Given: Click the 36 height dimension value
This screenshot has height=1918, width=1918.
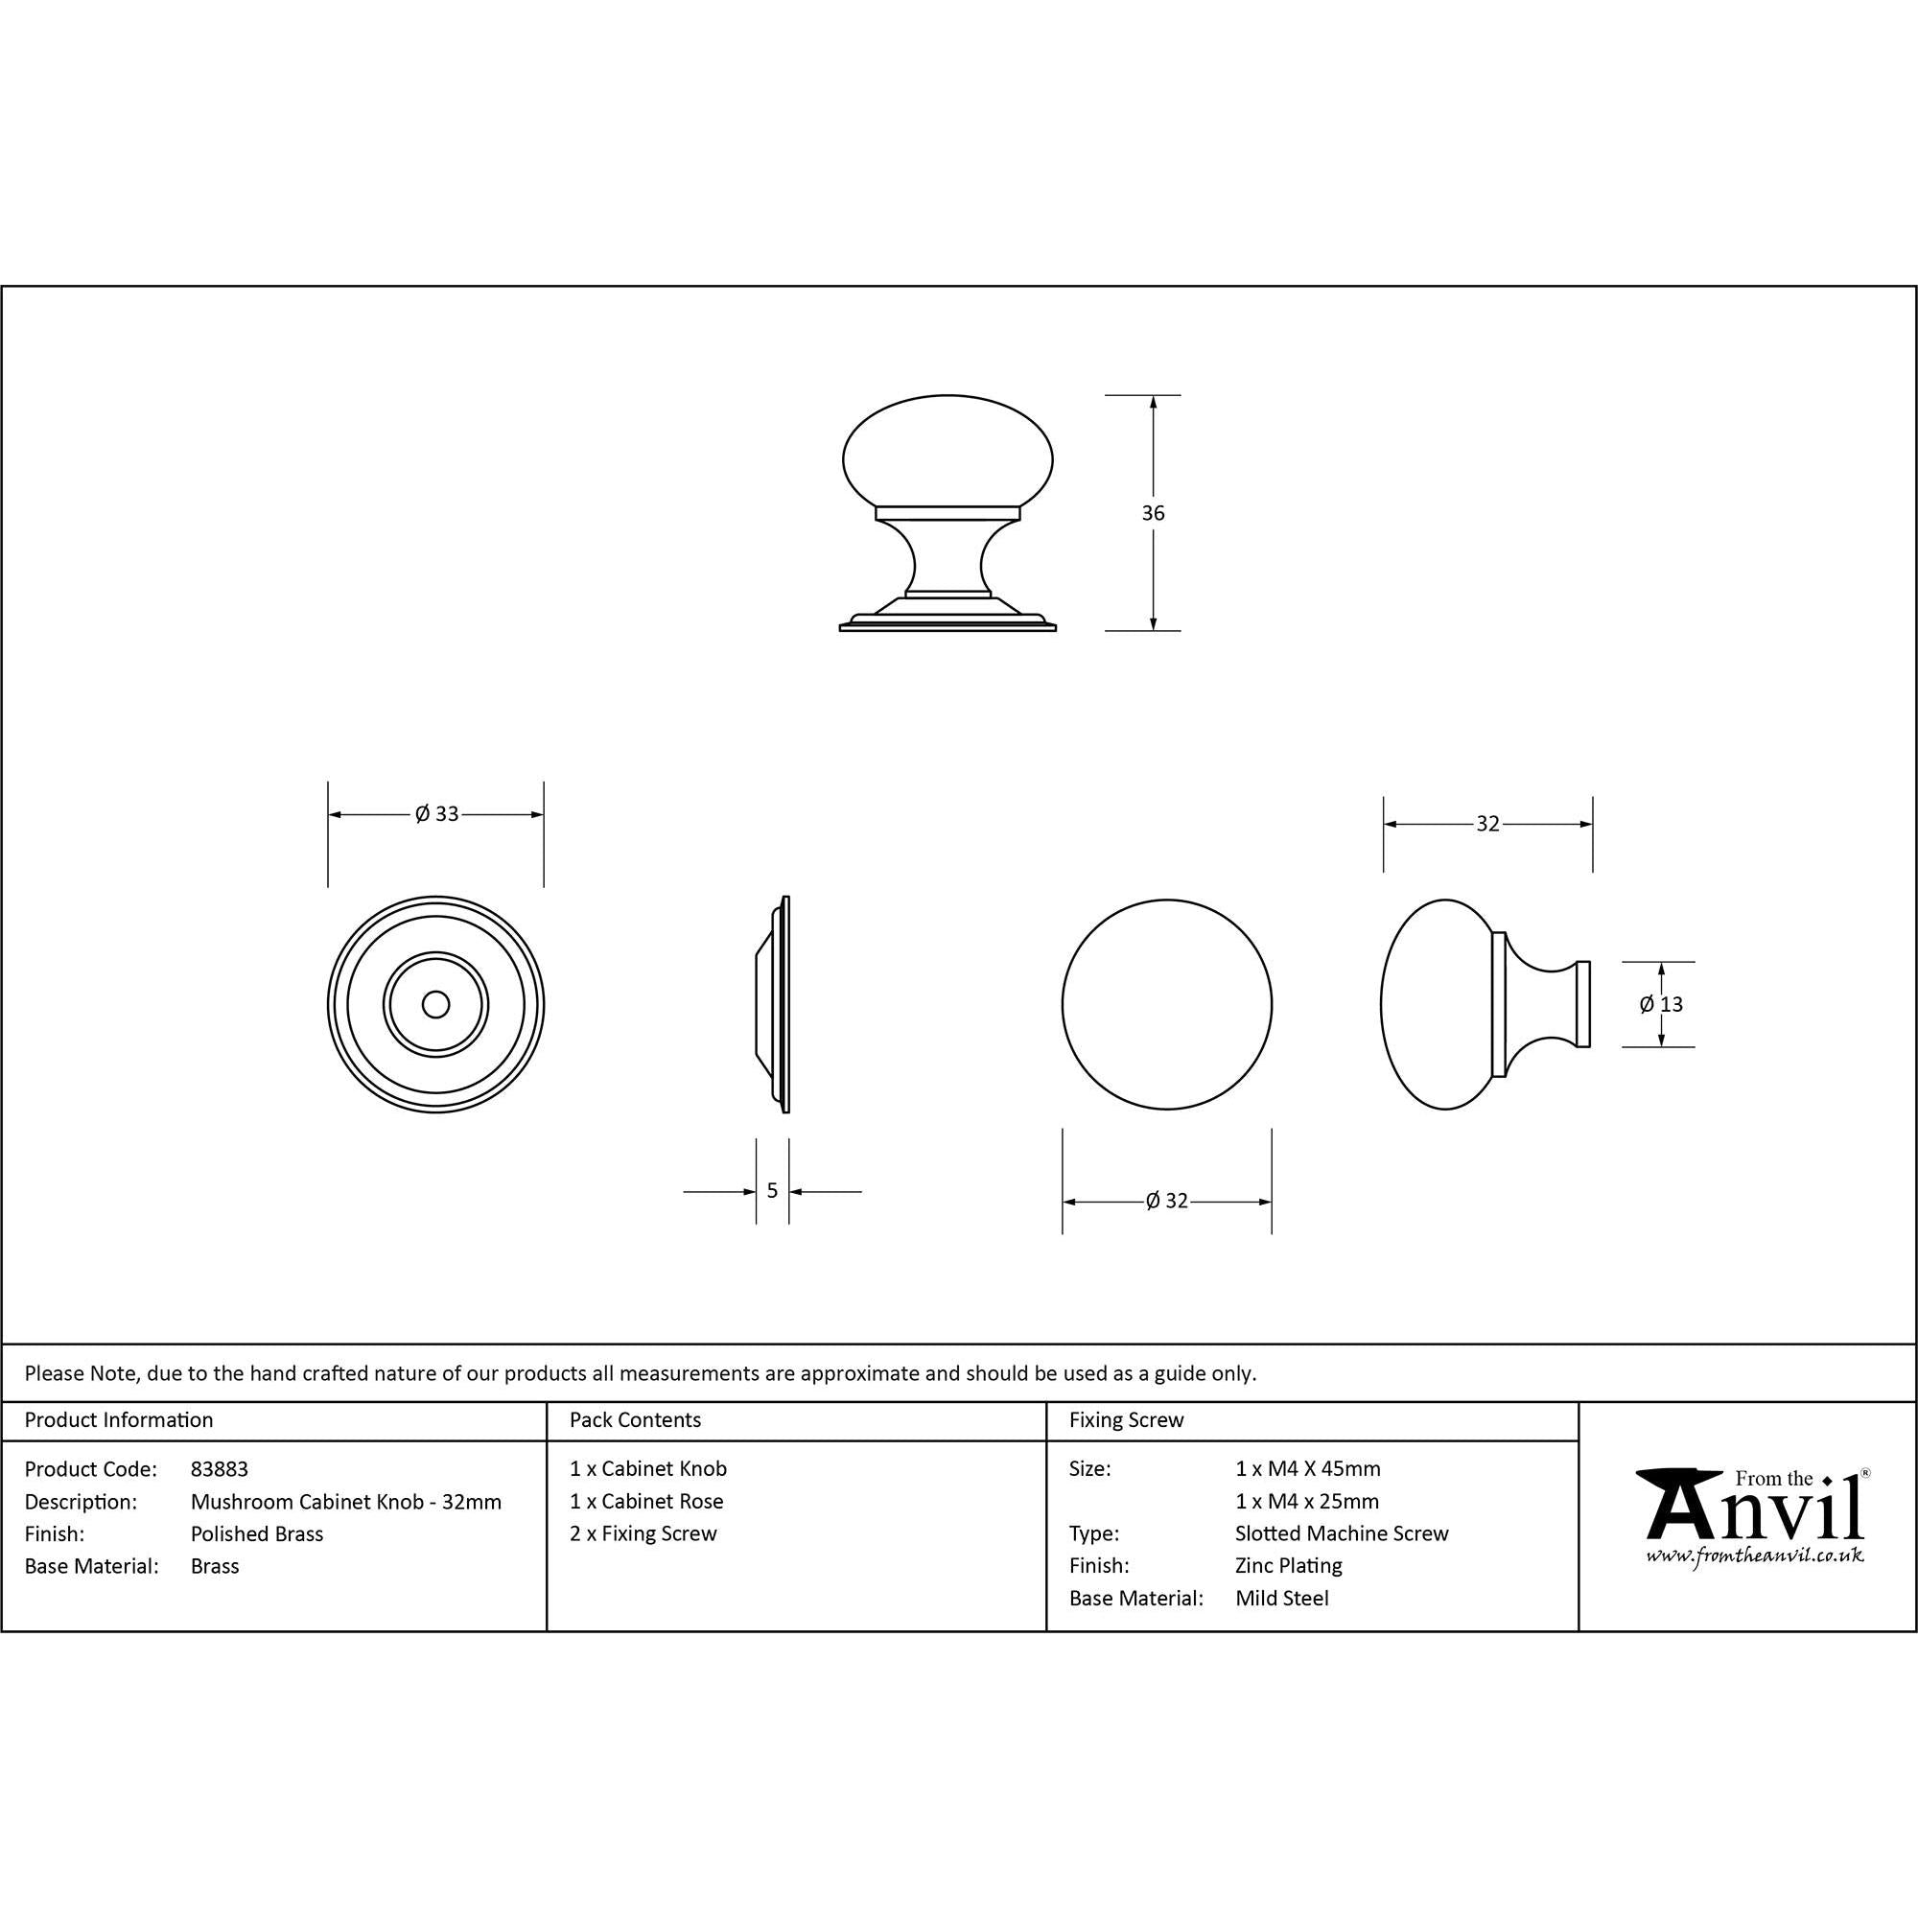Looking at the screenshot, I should click(1153, 513).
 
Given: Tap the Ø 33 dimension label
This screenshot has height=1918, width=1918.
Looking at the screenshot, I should click(436, 814).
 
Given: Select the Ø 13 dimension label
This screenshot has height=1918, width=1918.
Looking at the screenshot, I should click(1661, 1005).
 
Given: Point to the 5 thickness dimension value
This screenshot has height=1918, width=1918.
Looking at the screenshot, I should click(772, 1191).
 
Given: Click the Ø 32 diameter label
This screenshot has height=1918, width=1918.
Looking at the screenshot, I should click(1166, 1202).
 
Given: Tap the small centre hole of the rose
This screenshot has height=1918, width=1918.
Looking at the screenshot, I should click(434, 1005).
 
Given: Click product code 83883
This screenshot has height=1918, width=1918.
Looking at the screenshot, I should click(220, 1469).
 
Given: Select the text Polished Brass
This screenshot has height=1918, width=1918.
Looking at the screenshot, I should click(257, 1533).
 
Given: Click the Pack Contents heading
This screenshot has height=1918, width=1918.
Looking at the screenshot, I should click(636, 1420).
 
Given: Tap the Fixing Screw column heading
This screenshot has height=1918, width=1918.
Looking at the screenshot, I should click(1127, 1420).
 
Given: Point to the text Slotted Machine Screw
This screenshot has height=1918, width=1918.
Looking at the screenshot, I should click(1342, 1533).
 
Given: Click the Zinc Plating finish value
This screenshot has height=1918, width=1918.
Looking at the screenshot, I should click(1289, 1566).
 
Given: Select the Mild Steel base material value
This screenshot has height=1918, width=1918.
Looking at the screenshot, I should click(1281, 1599).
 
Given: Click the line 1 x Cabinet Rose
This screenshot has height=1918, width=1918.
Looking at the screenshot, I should click(646, 1501).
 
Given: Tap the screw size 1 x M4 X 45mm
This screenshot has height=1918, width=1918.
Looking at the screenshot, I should click(1307, 1469).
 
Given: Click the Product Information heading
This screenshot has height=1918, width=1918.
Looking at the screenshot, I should click(119, 1420).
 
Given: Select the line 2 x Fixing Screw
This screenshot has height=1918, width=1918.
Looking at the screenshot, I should click(643, 1533).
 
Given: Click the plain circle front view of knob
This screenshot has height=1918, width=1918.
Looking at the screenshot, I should click(1166, 1005).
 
